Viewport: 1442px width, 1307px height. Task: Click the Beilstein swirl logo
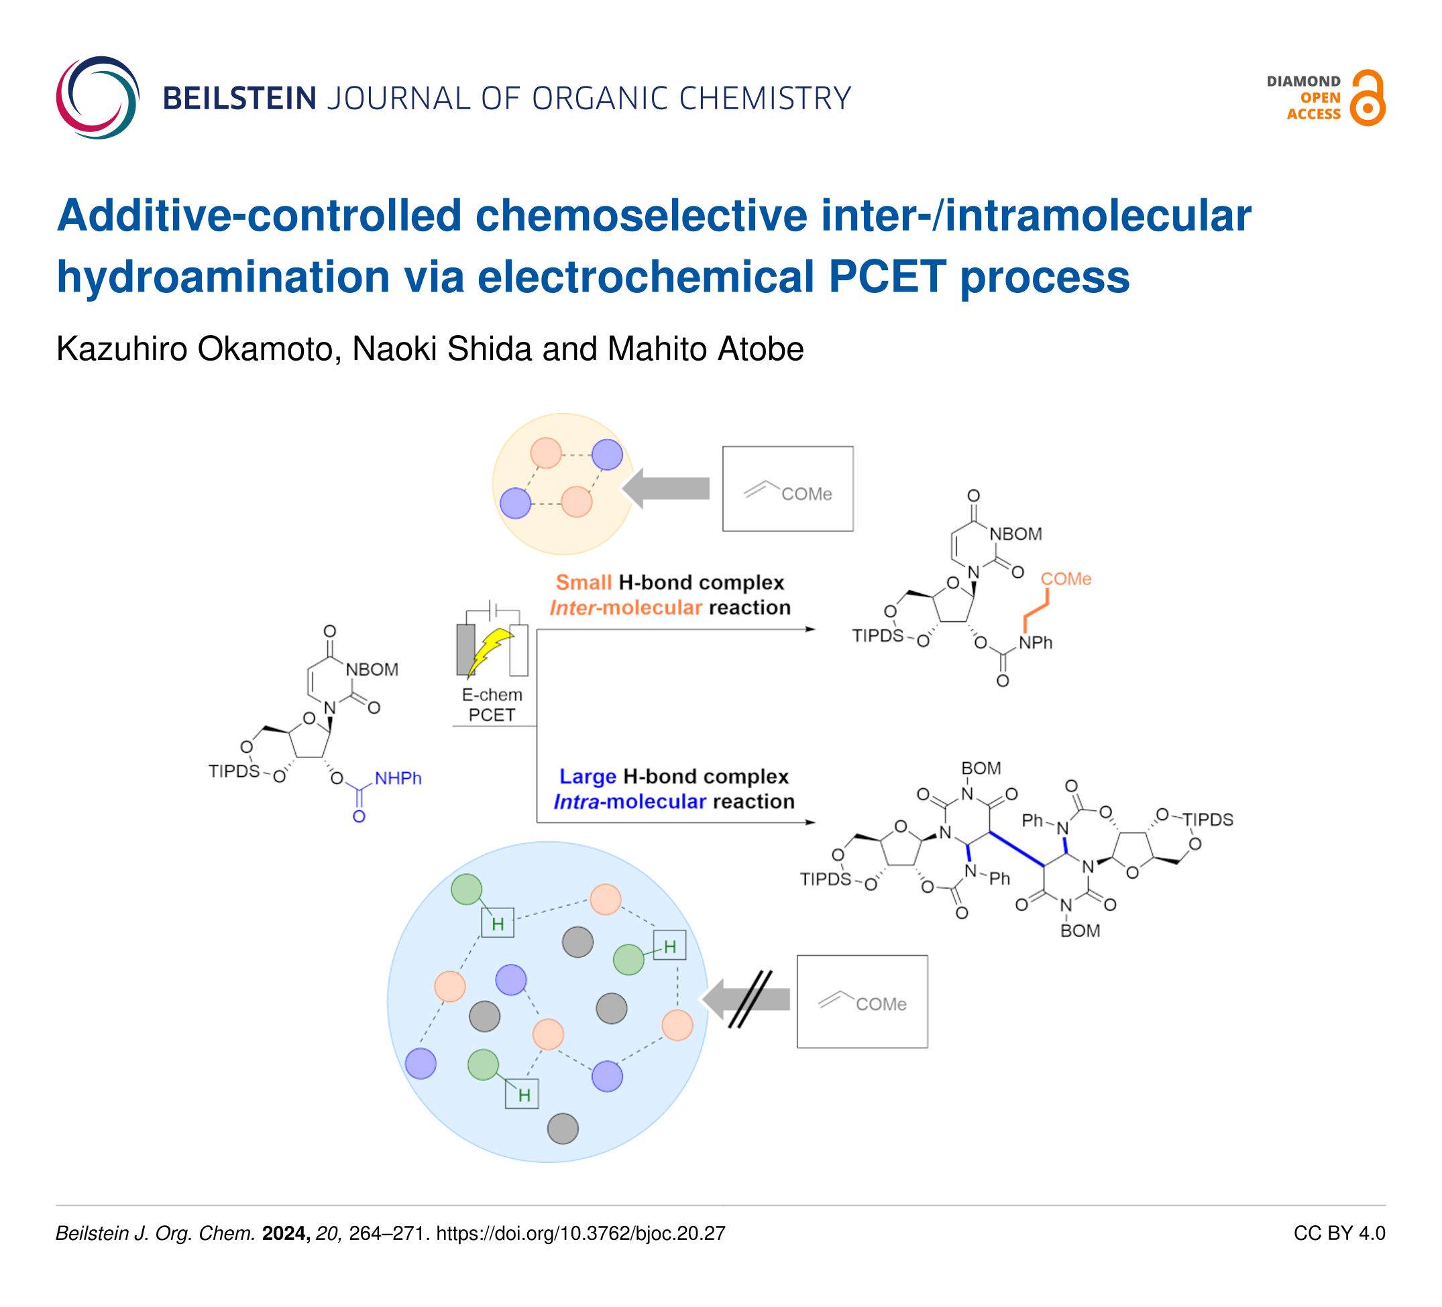coord(98,97)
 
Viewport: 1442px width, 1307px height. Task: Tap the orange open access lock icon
coord(1367,99)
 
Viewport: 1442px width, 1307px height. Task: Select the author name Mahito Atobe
coord(706,349)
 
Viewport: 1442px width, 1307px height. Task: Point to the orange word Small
coord(583,582)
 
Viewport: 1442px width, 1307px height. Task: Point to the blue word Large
coord(588,775)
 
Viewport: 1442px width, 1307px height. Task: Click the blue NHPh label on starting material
coord(398,778)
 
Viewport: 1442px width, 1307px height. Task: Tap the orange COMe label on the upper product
coord(1065,578)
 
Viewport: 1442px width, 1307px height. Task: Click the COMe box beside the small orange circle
coord(787,489)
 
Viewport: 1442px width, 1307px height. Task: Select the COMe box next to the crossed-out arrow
coord(862,1002)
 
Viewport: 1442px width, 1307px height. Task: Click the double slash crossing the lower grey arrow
coord(751,999)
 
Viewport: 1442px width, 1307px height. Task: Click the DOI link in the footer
coord(580,1233)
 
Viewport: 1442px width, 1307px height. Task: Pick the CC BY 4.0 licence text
coord(1339,1233)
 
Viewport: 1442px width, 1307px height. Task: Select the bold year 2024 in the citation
coord(286,1233)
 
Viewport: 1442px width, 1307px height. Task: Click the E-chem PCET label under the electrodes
coord(492,704)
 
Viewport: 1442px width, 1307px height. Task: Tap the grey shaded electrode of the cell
coord(465,649)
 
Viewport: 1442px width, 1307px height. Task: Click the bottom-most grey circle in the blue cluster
coord(563,1128)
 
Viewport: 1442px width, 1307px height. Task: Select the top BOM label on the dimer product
coord(981,768)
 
